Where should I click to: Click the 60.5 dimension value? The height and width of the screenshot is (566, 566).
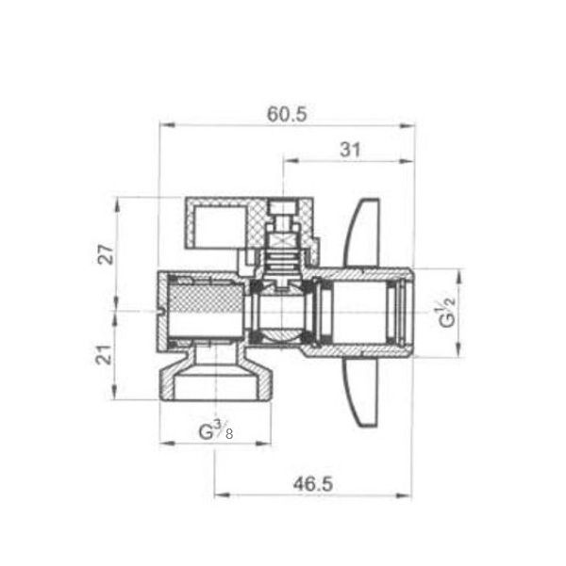pyautogui.click(x=287, y=115)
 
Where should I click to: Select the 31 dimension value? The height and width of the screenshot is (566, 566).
pyautogui.click(x=350, y=150)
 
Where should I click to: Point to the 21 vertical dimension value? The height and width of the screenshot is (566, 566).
pyautogui.click(x=105, y=354)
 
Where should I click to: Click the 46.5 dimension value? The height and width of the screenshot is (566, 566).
pyautogui.click(x=313, y=484)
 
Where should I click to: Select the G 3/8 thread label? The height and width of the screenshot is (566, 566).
pyautogui.click(x=216, y=430)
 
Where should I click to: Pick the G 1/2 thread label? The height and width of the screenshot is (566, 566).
pyautogui.click(x=447, y=313)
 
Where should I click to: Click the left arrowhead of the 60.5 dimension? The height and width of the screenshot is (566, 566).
pyautogui.click(x=167, y=125)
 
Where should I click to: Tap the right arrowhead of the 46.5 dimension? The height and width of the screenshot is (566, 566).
pyautogui.click(x=404, y=495)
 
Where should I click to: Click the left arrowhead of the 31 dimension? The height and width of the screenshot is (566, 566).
pyautogui.click(x=291, y=161)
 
